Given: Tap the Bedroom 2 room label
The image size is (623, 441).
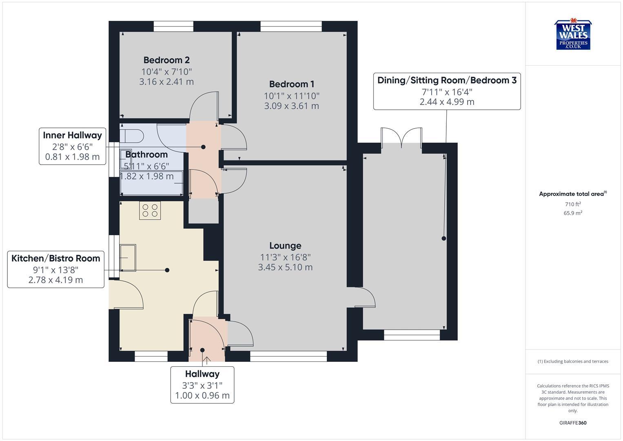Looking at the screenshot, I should tap(166, 60).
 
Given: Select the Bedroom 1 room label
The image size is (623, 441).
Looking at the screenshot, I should tap(291, 84).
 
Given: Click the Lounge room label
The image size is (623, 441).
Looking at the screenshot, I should tap(285, 245).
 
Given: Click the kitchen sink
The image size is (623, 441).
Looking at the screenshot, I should tap(128, 257).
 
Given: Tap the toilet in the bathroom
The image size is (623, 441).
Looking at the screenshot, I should tap(131, 135).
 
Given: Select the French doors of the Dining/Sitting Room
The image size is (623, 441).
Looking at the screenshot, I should tap(402, 138).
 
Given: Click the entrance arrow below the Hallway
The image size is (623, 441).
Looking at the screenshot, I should tap(206, 361).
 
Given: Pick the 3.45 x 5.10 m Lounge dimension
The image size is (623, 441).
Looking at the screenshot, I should tap(285, 267).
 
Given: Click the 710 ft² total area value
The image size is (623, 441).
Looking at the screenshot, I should tap(573, 204).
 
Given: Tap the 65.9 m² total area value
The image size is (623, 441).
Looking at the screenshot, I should tap(573, 213).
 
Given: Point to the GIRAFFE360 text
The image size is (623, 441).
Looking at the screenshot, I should tap(573, 423).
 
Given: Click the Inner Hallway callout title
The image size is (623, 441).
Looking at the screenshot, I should tap(72, 135).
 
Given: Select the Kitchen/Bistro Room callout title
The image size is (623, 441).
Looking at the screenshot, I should tap(55, 258).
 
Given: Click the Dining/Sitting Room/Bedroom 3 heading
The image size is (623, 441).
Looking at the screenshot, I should tap(447, 80).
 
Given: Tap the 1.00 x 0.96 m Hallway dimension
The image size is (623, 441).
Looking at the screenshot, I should tap(202, 395).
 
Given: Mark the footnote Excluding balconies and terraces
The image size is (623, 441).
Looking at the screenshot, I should tap(573, 361).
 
